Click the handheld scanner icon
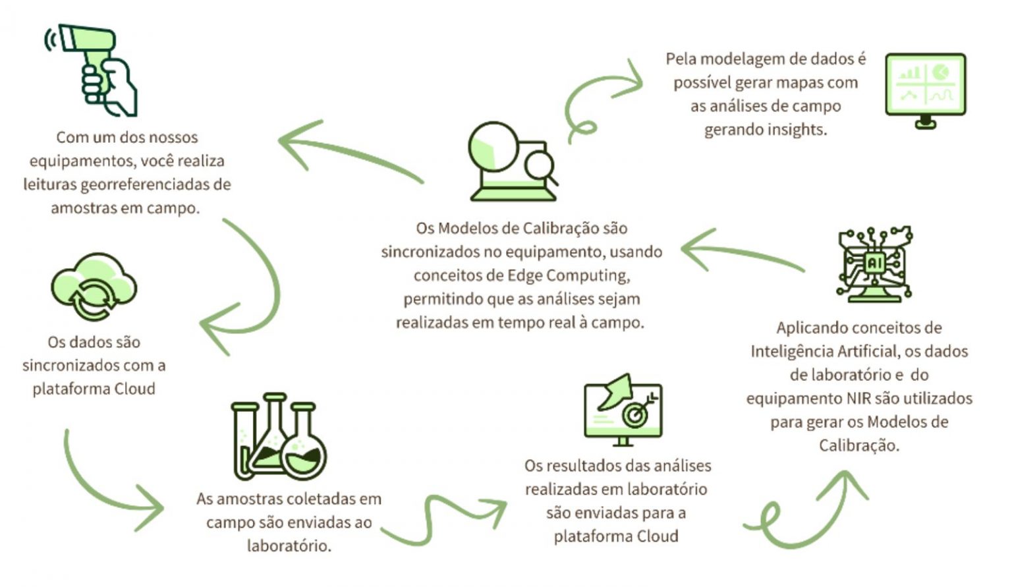click(x=92, y=69)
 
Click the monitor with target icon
click(x=623, y=411)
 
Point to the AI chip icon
click(x=874, y=264)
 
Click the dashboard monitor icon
click(x=925, y=90)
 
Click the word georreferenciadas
click(x=157, y=184)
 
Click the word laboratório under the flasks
click(x=289, y=546)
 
